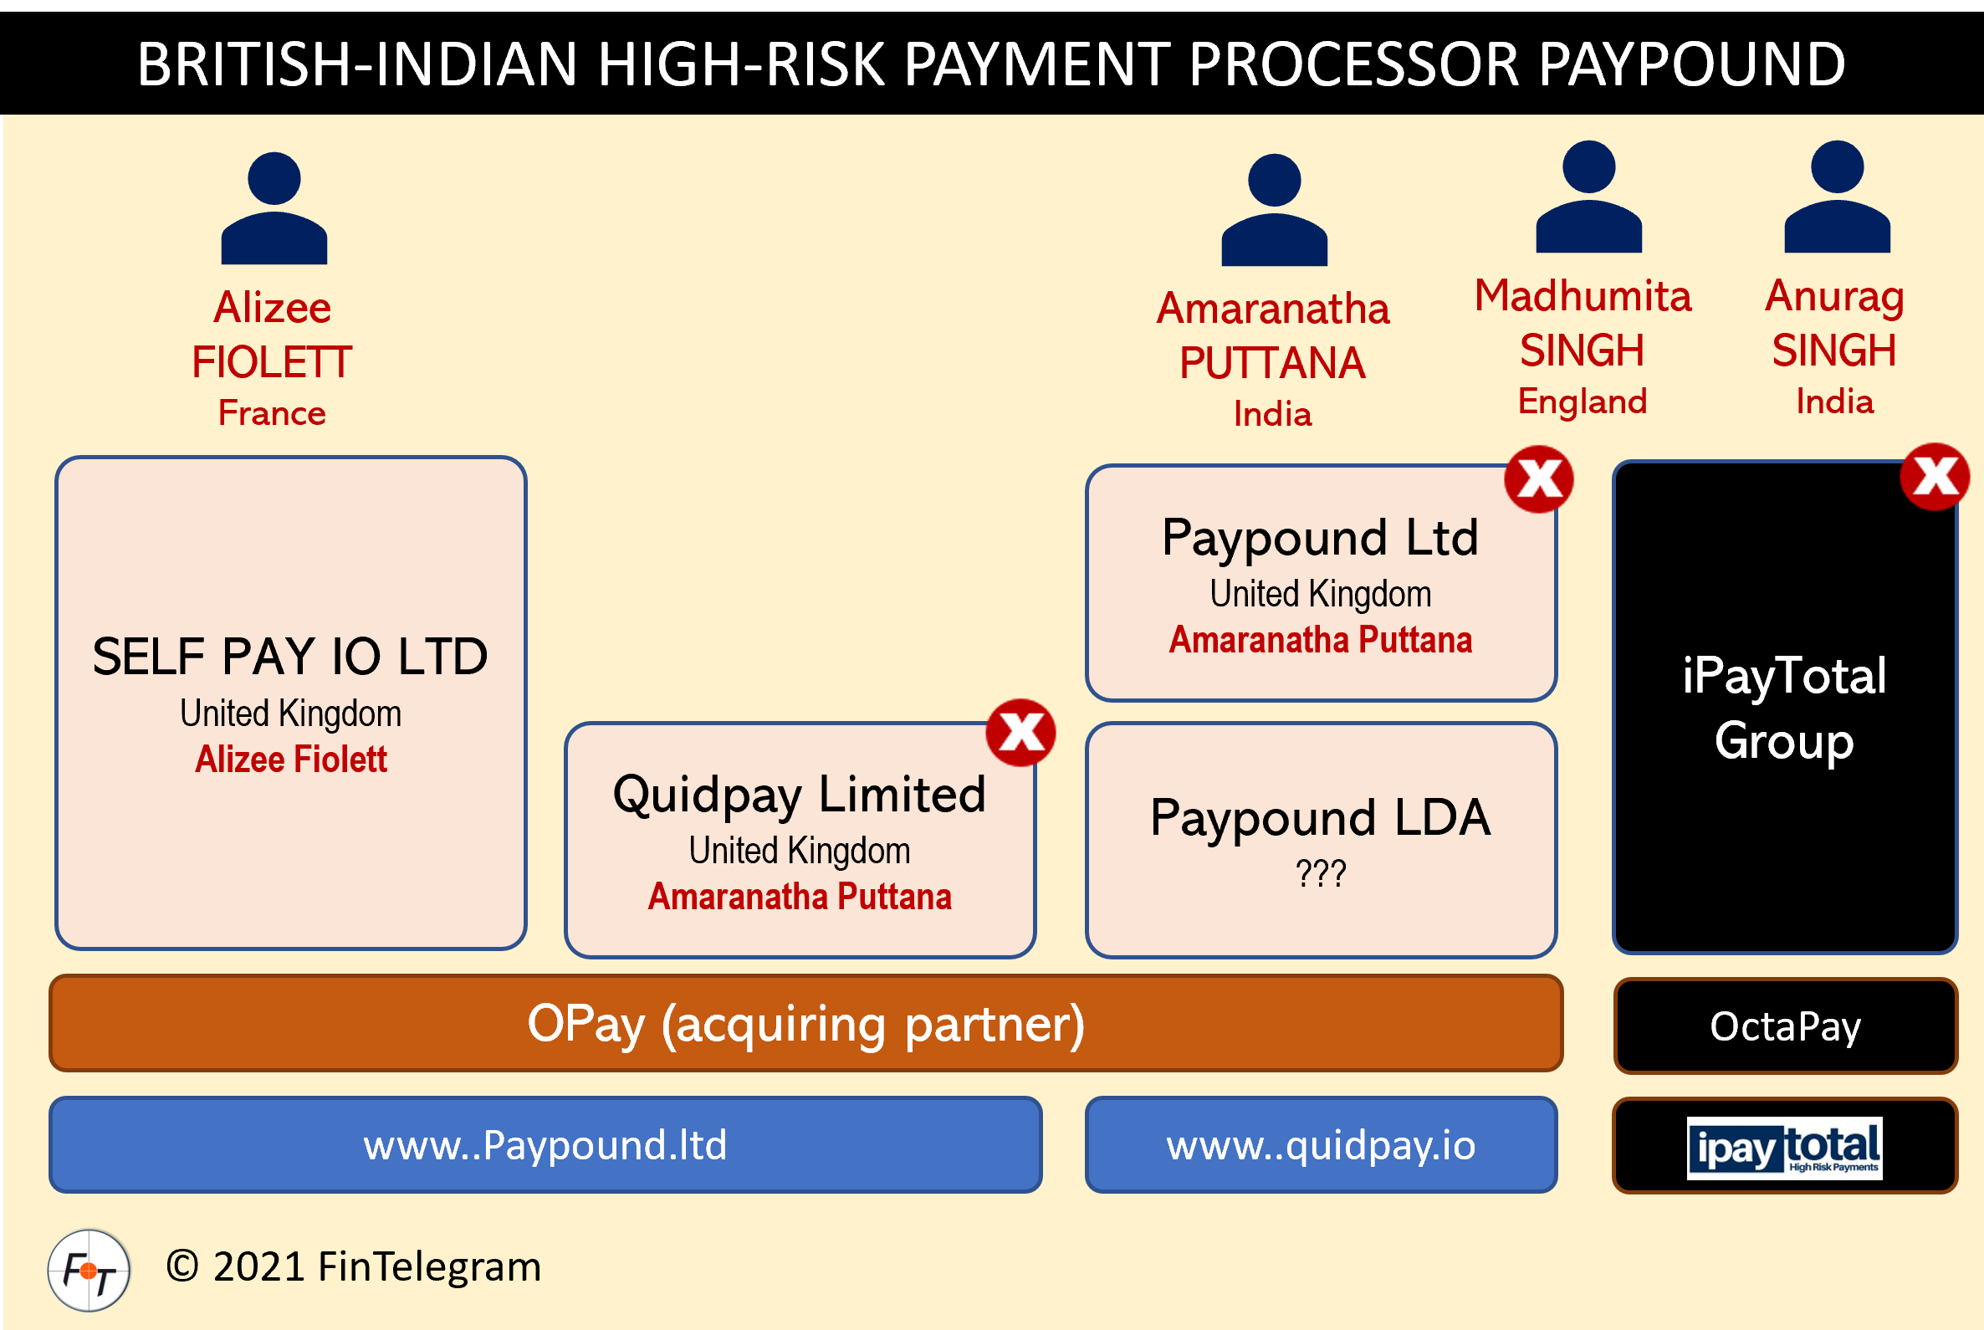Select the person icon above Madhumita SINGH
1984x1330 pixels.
[1588, 197]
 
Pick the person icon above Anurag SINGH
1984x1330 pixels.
[1838, 197]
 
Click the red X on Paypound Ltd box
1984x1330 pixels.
[1539, 479]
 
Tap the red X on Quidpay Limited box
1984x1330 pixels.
[1020, 733]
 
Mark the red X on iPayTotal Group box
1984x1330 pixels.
[1934, 477]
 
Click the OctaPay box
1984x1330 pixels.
[1785, 1026]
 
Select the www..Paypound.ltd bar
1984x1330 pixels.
[545, 1145]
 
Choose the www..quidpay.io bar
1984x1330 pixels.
[1321, 1145]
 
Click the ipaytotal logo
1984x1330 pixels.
[1785, 1148]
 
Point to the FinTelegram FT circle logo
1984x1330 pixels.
[89, 1270]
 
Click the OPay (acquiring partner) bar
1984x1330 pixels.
[805, 1024]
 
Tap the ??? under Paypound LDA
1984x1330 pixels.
[1321, 873]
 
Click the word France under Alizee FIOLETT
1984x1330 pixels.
[273, 413]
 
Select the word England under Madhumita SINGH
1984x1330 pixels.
[1582, 402]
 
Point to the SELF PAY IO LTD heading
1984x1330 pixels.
[290, 657]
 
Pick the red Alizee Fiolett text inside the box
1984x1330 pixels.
[291, 760]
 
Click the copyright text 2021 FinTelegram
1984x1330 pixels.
[354, 1267]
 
